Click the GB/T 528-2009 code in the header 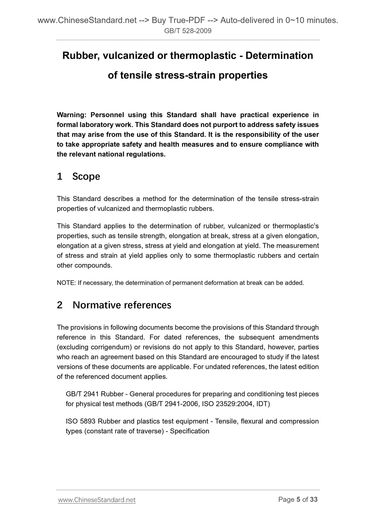pyautogui.click(x=188, y=31)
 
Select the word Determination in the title pyautogui.click(x=279, y=56)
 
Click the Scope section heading pyautogui.click(x=86, y=177)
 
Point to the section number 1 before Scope pyautogui.click(x=60, y=177)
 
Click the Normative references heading pyautogui.click(x=122, y=305)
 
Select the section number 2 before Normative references pyautogui.click(x=60, y=305)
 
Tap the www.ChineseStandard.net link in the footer pyautogui.click(x=97, y=500)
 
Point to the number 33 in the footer pyautogui.click(x=314, y=499)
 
